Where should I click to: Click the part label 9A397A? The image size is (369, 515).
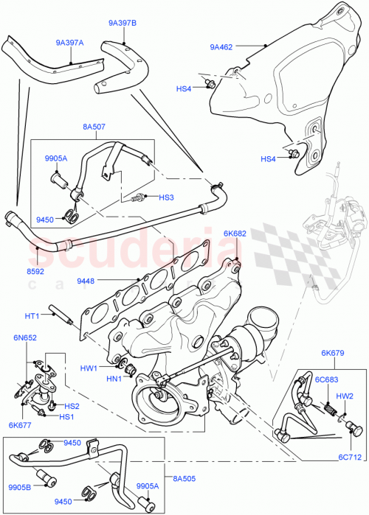click(x=69, y=43)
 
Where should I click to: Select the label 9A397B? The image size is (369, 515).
click(x=123, y=24)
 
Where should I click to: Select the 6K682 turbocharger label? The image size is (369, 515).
click(x=235, y=234)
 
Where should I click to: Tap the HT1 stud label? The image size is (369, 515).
click(x=32, y=316)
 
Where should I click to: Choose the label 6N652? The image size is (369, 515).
click(x=24, y=337)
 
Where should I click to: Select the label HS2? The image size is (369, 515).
click(x=72, y=406)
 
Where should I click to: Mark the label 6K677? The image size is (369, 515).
click(x=20, y=424)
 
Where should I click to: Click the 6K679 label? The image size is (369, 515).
click(x=331, y=353)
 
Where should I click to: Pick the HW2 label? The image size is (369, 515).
click(x=345, y=396)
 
